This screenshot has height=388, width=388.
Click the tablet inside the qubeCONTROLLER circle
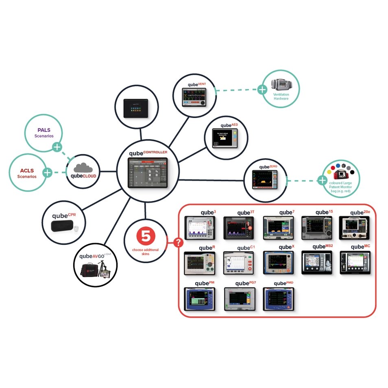(x=148, y=173)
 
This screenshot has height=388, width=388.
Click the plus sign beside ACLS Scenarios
(x=48, y=172)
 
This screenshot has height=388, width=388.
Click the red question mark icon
(x=178, y=243)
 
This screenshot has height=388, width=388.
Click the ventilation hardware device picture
(x=281, y=85)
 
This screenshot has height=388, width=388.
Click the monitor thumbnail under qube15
(x=316, y=228)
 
